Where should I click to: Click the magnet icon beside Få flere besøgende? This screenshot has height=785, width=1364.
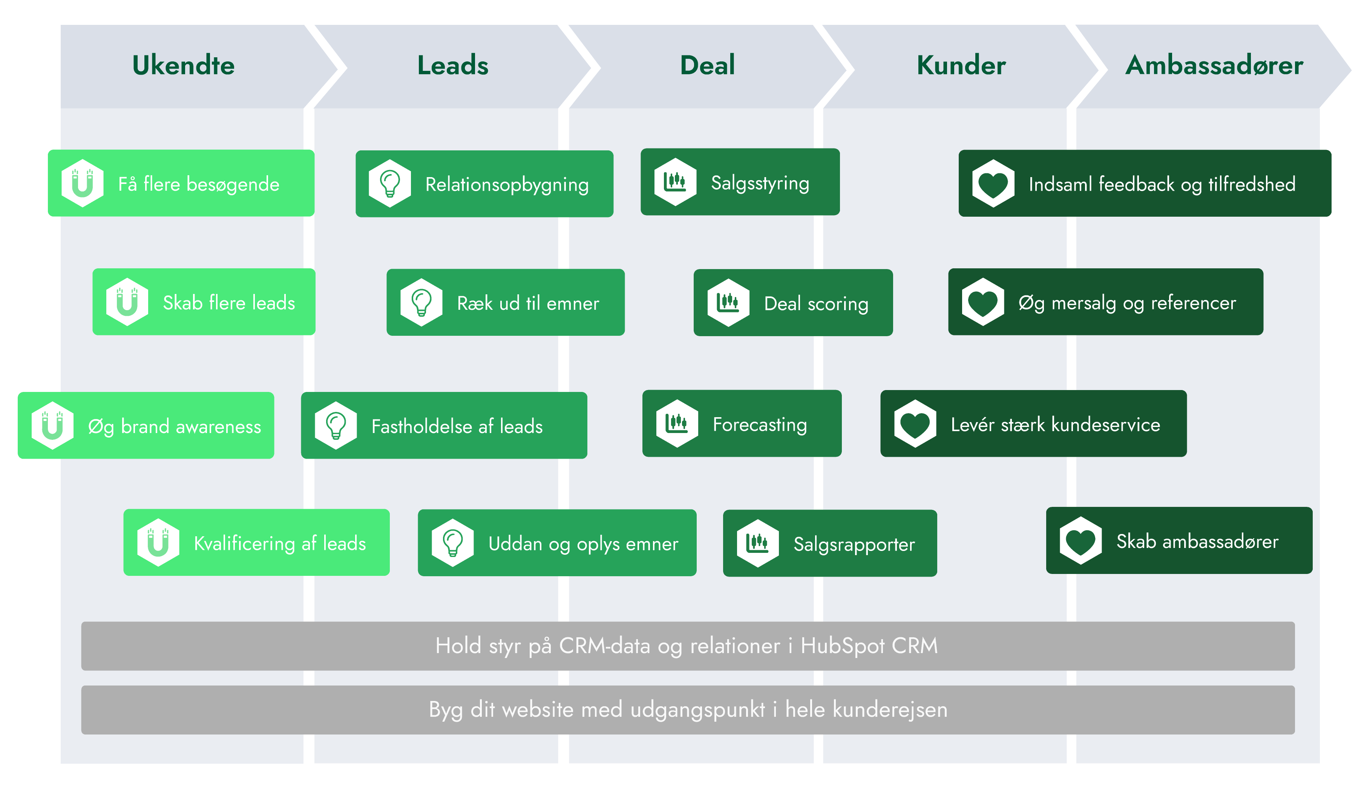pyautogui.click(x=83, y=183)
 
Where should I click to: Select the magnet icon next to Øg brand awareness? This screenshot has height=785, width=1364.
pyautogui.click(x=52, y=425)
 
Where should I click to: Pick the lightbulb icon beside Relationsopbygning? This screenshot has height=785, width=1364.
pyautogui.click(x=390, y=183)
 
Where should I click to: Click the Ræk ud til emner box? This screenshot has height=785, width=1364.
pyautogui.click(x=505, y=303)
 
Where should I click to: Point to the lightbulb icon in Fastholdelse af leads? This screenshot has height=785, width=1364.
pyautogui.click(x=336, y=425)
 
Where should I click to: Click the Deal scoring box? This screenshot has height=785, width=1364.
pyautogui.click(x=793, y=303)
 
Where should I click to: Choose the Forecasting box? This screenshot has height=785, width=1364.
pyautogui.click(x=742, y=424)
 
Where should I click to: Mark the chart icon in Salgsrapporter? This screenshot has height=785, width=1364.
pyautogui.click(x=758, y=543)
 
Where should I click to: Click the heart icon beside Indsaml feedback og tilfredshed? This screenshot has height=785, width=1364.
pyautogui.click(x=993, y=183)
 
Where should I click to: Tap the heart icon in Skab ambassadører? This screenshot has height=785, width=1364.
pyautogui.click(x=1080, y=541)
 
